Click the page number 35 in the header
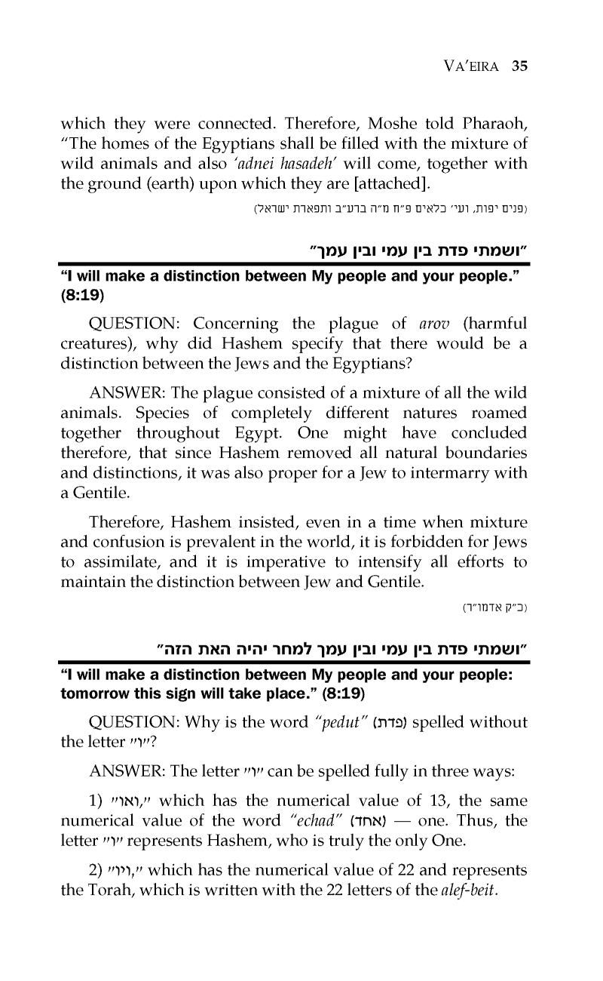click(x=518, y=65)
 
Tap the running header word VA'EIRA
click(x=467, y=65)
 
